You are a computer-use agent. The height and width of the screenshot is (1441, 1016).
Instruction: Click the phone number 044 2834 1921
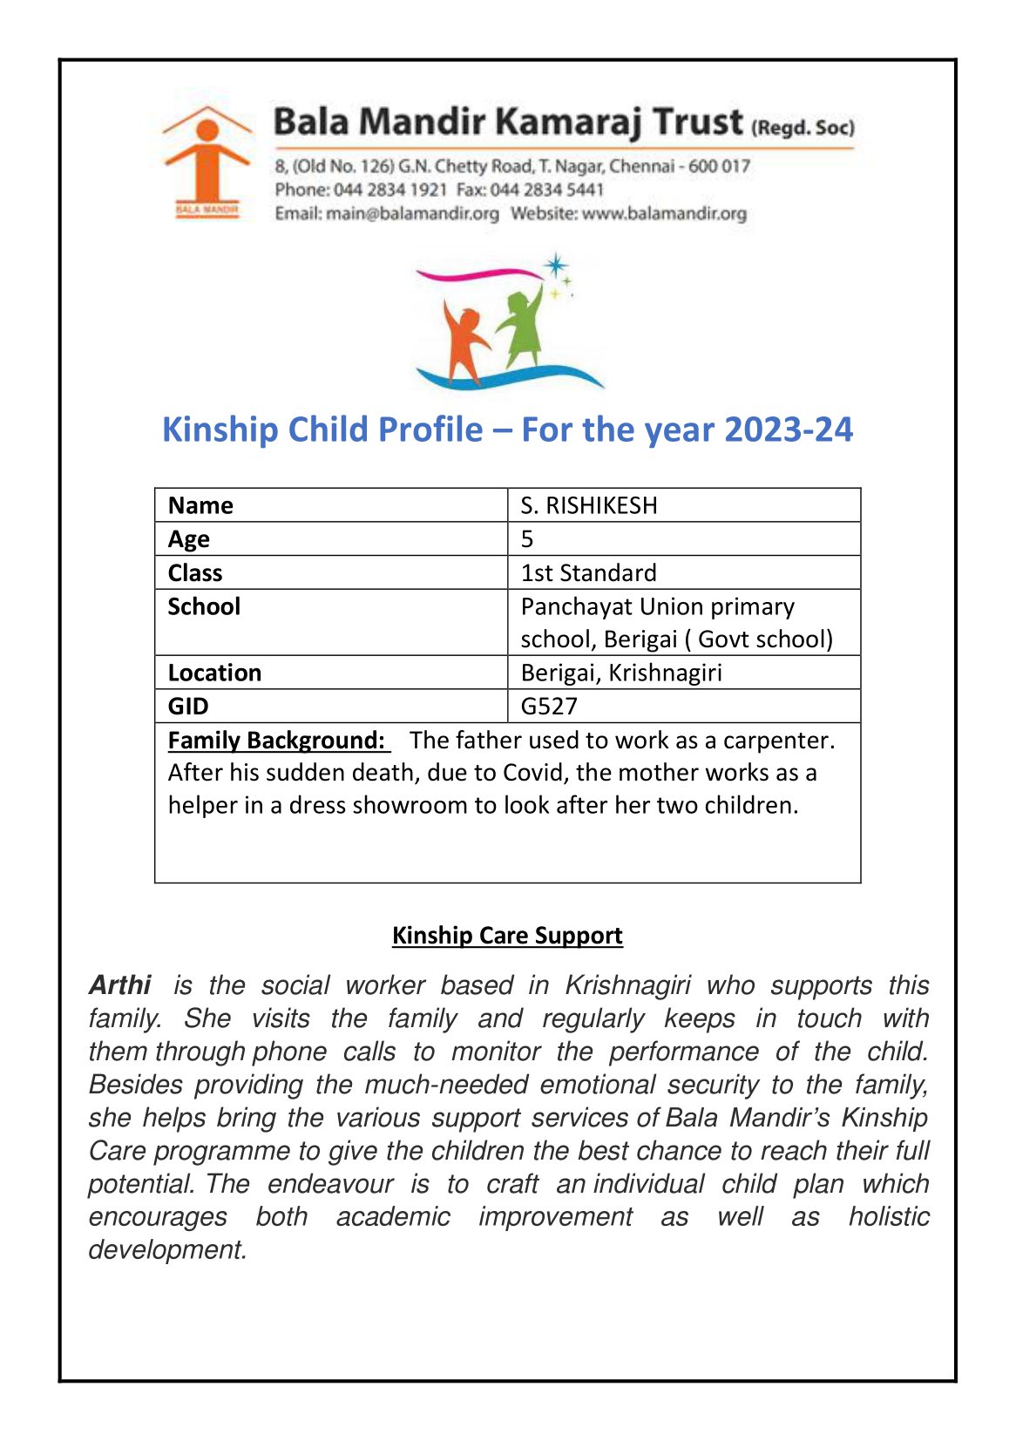point(390,190)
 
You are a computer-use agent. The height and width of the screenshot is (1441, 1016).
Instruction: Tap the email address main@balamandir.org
point(412,213)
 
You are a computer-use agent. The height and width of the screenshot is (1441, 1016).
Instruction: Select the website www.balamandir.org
point(664,213)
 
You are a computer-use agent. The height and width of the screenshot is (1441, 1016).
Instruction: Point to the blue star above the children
point(555,265)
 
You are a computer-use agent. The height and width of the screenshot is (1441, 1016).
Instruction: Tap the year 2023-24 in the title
point(788,430)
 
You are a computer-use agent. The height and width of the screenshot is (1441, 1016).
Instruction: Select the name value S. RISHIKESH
point(589,505)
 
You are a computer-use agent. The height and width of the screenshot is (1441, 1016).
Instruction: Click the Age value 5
point(527,539)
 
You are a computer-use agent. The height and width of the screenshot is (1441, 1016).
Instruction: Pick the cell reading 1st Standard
point(589,573)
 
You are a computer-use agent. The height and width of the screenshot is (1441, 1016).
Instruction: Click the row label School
point(204,606)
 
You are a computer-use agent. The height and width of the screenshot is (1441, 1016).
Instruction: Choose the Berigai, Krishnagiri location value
point(621,673)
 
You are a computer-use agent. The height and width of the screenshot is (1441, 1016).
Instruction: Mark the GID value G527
point(549,707)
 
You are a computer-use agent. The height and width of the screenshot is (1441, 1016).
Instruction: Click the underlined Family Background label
point(276,741)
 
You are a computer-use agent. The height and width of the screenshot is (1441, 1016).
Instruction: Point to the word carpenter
point(778,741)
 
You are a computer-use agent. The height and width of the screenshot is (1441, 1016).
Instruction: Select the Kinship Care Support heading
point(507,936)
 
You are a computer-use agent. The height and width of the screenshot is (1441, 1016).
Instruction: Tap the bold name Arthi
point(120,985)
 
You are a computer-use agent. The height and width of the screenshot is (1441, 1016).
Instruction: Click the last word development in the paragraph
point(167,1250)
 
